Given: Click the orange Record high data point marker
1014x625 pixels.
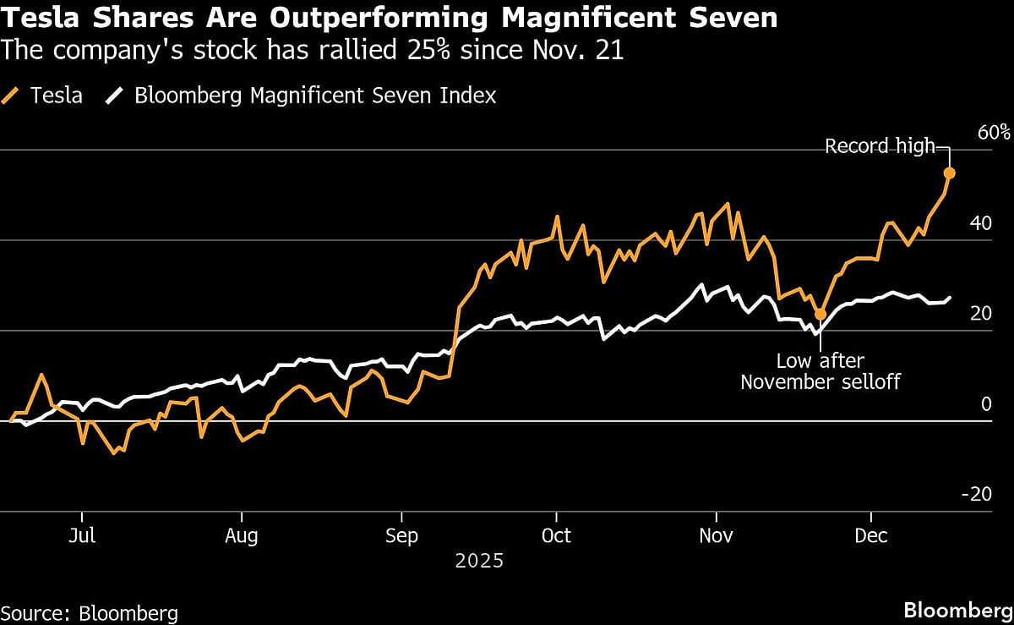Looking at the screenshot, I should tap(950, 173).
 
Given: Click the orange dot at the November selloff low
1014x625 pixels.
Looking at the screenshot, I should tap(820, 315).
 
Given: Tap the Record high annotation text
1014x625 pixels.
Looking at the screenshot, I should tap(880, 146).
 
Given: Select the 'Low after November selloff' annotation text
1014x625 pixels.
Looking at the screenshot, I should tap(820, 371).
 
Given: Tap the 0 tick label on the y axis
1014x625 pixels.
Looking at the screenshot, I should tap(984, 404).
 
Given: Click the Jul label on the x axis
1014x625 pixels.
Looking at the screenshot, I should tap(82, 536).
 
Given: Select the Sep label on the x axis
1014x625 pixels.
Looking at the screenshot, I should tap(401, 536).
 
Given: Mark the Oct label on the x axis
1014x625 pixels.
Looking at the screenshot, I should tap(556, 536).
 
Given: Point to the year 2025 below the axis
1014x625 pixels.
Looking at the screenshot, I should tap(479, 561).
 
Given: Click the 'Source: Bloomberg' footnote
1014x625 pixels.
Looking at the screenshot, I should tap(90, 612).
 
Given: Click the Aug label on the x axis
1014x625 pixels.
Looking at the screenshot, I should tap(242, 536).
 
